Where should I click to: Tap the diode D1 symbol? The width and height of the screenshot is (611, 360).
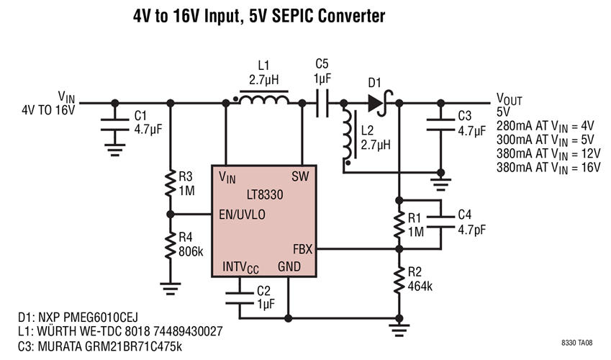(x=376, y=103)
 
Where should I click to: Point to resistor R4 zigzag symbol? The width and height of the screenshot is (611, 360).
(x=170, y=245)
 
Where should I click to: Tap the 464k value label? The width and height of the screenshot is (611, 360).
(x=422, y=285)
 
